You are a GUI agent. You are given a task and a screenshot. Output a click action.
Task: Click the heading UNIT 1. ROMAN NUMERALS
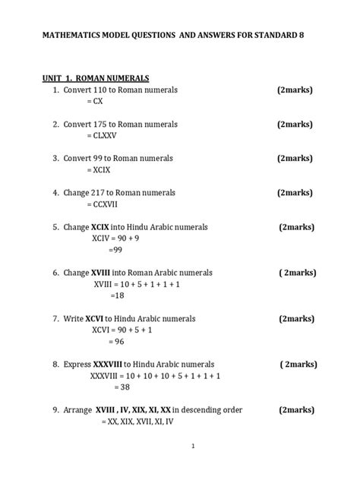[x=95, y=77]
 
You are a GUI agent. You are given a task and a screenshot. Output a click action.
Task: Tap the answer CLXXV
[x=102, y=135]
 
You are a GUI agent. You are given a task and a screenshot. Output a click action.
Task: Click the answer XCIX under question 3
[x=99, y=170]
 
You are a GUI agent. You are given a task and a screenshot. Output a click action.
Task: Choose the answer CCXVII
[x=102, y=204]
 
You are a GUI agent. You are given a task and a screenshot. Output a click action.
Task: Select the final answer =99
[x=115, y=249]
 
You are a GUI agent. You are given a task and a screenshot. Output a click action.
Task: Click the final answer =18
[x=117, y=295]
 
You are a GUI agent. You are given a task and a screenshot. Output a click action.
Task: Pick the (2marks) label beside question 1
[x=295, y=90]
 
